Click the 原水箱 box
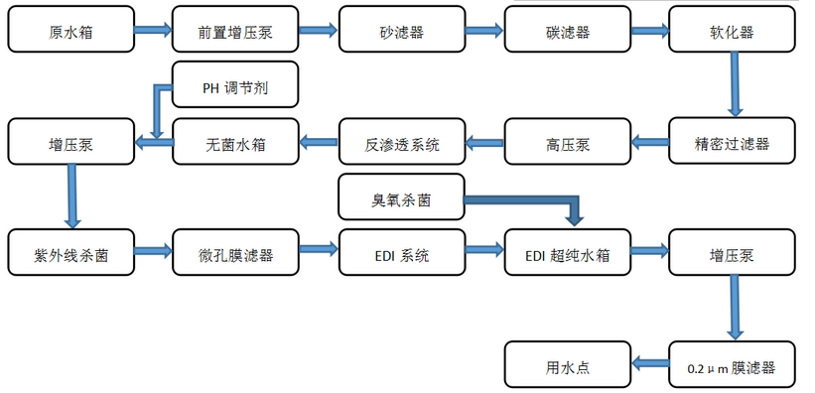[x=69, y=32]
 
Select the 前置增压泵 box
[x=235, y=32]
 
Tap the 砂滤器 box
[x=401, y=32]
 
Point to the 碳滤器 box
[x=567, y=32]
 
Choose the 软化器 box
[x=733, y=32]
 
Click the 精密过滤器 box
[x=733, y=143]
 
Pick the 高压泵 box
[x=567, y=143]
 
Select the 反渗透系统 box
[x=401, y=143]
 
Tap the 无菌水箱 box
[x=235, y=143]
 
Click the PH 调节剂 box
[x=235, y=88]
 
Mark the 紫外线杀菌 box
[x=69, y=254]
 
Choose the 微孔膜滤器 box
[x=235, y=254]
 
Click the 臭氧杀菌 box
[x=401, y=198]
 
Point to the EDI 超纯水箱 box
[x=567, y=254]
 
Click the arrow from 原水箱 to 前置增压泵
[x=152, y=30]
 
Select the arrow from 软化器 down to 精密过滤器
[x=735, y=85]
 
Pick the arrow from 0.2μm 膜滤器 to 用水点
[x=650, y=365]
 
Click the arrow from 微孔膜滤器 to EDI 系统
[x=318, y=252]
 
